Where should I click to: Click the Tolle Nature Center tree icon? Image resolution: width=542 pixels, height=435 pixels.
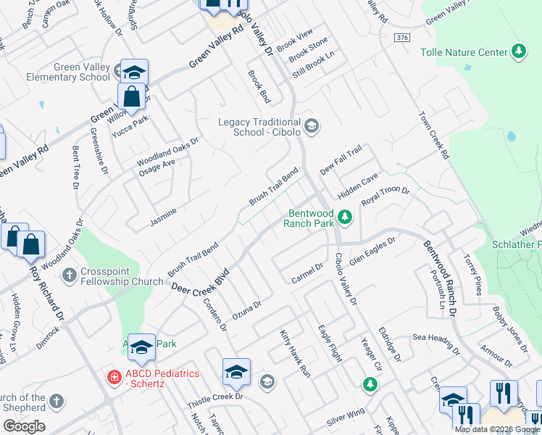(x=518, y=51)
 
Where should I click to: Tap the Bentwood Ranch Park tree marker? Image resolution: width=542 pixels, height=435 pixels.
(x=346, y=216)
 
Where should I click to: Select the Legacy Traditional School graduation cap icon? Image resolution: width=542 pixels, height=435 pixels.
(x=311, y=127)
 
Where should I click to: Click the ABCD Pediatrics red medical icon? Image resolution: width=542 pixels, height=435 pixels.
(x=113, y=376)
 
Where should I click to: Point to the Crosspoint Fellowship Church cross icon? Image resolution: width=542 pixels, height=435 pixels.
(x=69, y=275)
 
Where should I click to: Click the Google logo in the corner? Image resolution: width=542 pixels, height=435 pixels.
(x=24, y=426)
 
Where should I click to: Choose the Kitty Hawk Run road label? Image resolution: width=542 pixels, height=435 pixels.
(x=296, y=354)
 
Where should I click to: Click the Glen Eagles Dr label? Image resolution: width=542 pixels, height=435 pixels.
(x=372, y=251)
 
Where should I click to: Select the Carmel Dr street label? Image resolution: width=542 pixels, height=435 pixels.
(x=307, y=271)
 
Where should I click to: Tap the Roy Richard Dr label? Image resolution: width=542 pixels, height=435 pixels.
(x=49, y=291)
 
